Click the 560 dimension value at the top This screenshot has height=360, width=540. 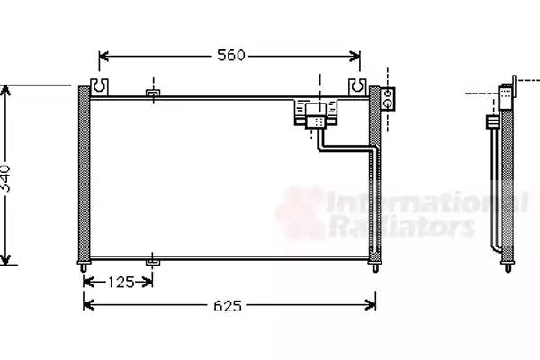(230, 55)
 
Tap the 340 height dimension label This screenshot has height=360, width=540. (5, 178)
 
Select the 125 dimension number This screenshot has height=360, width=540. (121, 283)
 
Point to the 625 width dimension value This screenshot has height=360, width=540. (228, 305)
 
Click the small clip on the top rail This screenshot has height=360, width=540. (153, 94)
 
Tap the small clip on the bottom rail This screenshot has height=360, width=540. (153, 263)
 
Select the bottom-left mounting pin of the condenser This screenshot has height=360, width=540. (84, 267)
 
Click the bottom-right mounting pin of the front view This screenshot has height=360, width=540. (375, 267)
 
